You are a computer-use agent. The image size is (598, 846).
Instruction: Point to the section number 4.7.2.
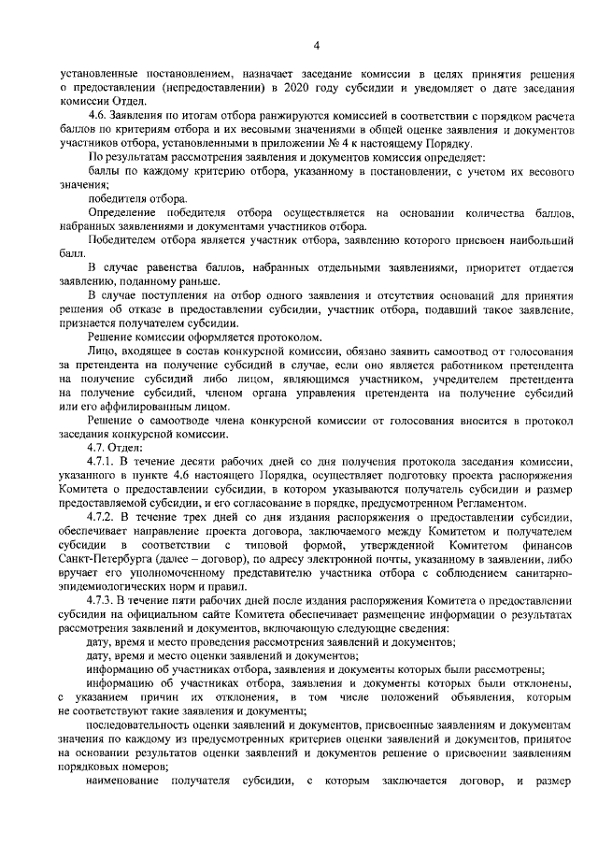point(99,516)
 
